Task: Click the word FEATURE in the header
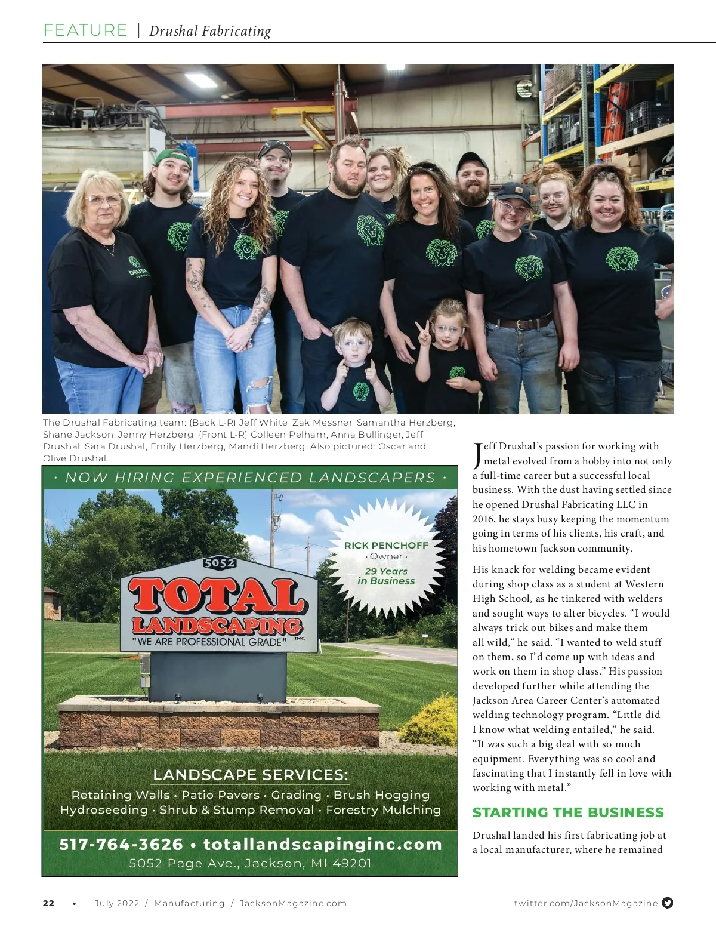pyautogui.click(x=85, y=30)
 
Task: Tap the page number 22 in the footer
pyautogui.click(x=48, y=903)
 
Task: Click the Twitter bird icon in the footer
pyautogui.click(x=668, y=903)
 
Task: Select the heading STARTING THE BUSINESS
pyautogui.click(x=567, y=812)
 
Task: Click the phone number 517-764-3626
pyautogui.click(x=121, y=845)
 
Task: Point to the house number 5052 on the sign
pyautogui.click(x=220, y=563)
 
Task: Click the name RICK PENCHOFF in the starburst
pyautogui.click(x=386, y=545)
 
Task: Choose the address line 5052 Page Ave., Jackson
pyautogui.click(x=250, y=863)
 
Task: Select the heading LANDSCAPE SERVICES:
pyautogui.click(x=250, y=775)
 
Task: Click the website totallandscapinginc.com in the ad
pyautogui.click(x=323, y=845)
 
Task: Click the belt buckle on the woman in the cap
pyautogui.click(x=526, y=324)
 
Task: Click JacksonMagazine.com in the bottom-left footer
pyautogui.click(x=292, y=903)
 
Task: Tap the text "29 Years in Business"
pyautogui.click(x=386, y=576)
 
